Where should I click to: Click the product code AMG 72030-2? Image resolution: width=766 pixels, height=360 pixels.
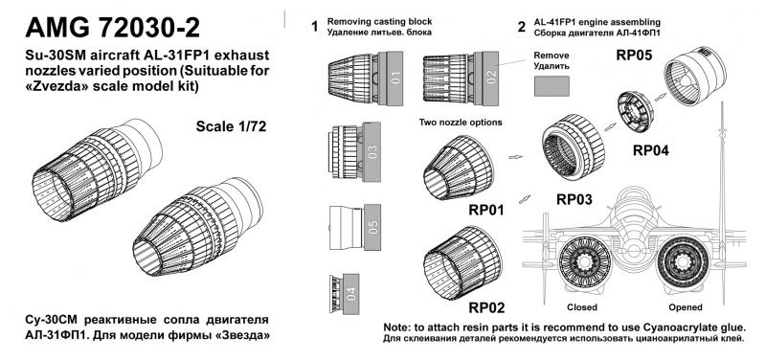[x=112, y=28]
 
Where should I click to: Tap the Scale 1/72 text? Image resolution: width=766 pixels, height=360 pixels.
[x=231, y=126]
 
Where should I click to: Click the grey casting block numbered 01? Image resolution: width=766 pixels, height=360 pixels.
[x=392, y=79]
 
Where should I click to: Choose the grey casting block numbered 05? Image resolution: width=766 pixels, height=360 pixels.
[x=371, y=227]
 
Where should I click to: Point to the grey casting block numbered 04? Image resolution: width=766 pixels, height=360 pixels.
[x=351, y=294]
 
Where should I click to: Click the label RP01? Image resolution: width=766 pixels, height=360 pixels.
[x=486, y=210]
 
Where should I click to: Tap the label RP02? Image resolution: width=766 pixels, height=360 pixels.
[x=486, y=307]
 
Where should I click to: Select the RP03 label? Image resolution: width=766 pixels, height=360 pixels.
[x=574, y=199]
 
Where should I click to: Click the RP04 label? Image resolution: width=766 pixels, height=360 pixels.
[x=651, y=150]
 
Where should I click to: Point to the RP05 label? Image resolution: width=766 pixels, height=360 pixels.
[x=634, y=56]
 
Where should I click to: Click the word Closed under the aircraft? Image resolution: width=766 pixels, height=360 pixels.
[x=582, y=307]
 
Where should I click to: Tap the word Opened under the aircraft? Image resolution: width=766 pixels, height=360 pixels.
[x=686, y=307]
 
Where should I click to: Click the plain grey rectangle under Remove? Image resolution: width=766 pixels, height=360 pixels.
[x=552, y=86]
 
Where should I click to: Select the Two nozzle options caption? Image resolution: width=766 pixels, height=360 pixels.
[x=461, y=123]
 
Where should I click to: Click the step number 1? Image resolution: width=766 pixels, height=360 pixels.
[x=315, y=27]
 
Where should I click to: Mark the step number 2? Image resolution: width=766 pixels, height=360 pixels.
[x=522, y=27]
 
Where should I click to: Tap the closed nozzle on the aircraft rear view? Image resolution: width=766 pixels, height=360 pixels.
[x=582, y=262]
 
